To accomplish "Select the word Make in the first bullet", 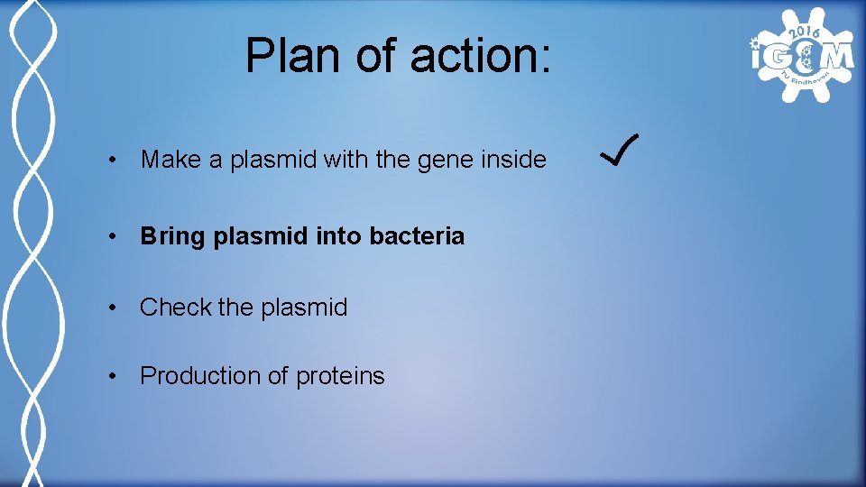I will (x=171, y=161).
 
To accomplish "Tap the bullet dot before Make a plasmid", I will (x=111, y=161).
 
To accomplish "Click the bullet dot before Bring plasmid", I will (x=111, y=238).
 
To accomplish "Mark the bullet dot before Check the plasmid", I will (x=111, y=308).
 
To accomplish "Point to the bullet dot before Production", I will (x=111, y=377).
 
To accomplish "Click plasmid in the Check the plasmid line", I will (x=304, y=308).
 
